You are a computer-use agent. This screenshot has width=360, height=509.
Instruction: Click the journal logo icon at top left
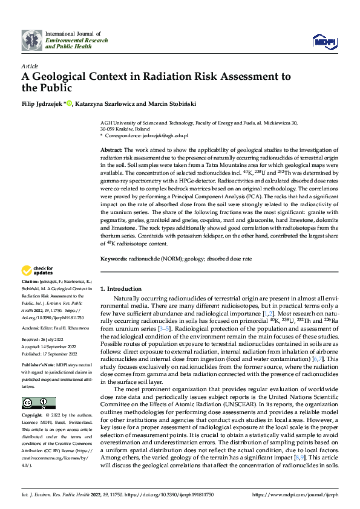[31, 41]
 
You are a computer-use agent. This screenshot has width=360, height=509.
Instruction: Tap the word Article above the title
[29, 66]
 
